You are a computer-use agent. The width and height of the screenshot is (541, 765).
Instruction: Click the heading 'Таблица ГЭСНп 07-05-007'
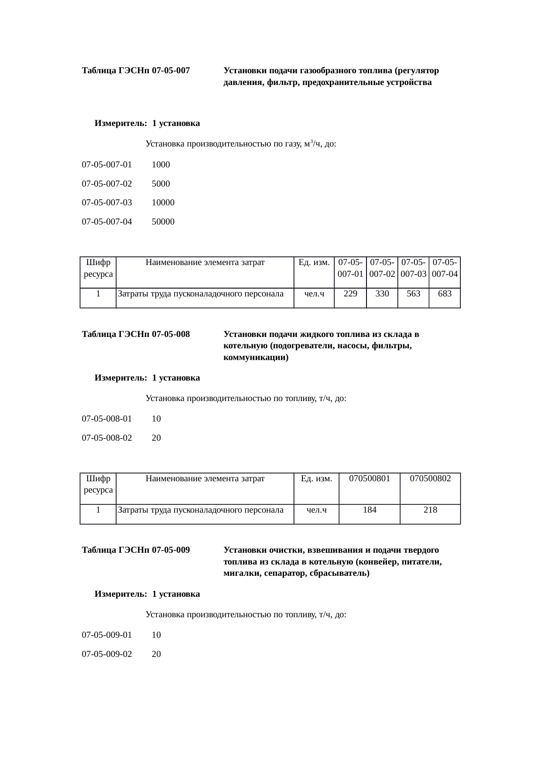click(136, 71)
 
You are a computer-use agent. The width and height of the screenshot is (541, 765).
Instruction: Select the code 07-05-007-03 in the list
click(107, 203)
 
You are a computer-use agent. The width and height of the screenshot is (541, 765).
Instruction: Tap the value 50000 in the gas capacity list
click(163, 222)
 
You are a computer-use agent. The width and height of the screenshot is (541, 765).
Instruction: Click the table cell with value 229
click(350, 294)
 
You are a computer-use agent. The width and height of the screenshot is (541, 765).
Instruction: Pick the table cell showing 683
click(445, 294)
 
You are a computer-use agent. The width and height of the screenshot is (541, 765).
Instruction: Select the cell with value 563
click(413, 294)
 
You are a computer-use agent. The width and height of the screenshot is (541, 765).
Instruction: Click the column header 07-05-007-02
click(382, 268)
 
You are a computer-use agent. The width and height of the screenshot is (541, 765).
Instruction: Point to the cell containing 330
click(382, 294)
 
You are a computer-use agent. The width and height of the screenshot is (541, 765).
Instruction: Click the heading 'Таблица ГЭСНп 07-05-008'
click(136, 334)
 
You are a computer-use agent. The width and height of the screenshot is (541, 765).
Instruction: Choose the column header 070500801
click(370, 479)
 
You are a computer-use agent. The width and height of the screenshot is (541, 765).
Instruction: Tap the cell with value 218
click(430, 510)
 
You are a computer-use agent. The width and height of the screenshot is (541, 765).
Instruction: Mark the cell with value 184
click(370, 510)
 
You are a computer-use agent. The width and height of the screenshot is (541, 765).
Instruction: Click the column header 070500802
click(430, 479)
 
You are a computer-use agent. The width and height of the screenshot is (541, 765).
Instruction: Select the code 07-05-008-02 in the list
click(107, 438)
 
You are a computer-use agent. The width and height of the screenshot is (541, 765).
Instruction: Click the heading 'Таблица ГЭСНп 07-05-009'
click(136, 550)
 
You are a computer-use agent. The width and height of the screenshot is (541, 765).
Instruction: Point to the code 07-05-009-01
click(107, 635)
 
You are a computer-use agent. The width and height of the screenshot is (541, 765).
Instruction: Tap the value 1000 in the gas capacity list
click(161, 165)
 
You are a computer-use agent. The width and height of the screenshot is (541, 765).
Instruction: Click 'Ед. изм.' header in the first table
click(314, 262)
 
